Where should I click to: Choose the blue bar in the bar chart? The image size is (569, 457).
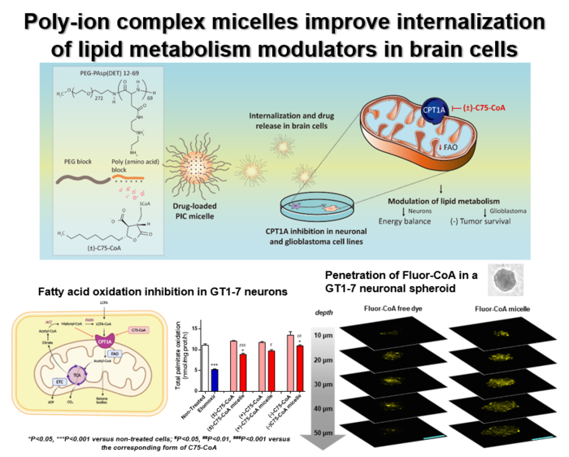[215, 381]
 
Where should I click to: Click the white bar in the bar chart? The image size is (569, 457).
[206, 368]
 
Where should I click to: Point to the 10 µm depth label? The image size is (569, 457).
[323, 334]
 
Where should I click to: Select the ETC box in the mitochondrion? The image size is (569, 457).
[59, 380]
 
